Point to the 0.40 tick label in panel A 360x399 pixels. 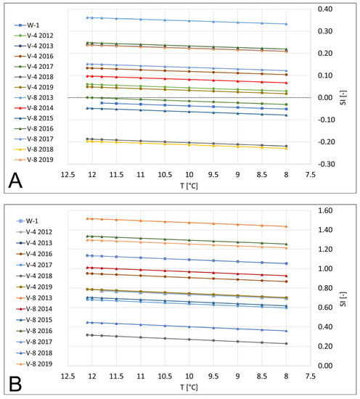[319, 9]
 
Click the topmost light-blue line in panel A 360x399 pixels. [189, 20]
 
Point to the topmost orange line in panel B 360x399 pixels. [189, 221]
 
